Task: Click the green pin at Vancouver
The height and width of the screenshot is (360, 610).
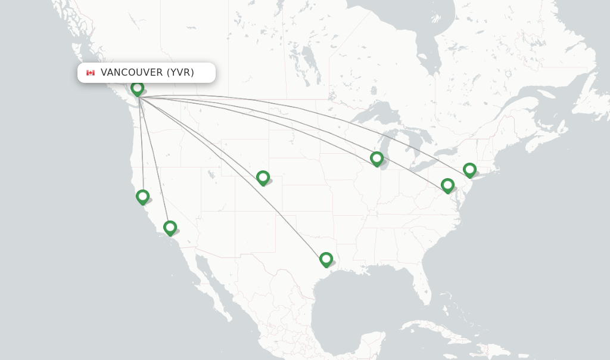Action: (x=138, y=88)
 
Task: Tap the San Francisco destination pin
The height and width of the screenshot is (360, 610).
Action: (x=142, y=196)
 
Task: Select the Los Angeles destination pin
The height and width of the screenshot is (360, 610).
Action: (x=170, y=227)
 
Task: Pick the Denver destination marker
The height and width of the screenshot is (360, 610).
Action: (x=263, y=177)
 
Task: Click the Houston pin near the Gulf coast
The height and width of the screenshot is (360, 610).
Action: (x=326, y=259)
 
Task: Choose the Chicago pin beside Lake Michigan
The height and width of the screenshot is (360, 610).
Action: (x=376, y=158)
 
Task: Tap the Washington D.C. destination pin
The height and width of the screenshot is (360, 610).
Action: (x=447, y=185)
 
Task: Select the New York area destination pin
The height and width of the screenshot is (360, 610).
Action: (x=470, y=170)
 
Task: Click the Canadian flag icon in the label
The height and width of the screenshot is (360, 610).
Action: (x=91, y=73)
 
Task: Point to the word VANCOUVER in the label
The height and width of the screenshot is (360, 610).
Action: (x=131, y=73)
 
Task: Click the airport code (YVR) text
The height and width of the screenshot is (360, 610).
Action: (x=180, y=73)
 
